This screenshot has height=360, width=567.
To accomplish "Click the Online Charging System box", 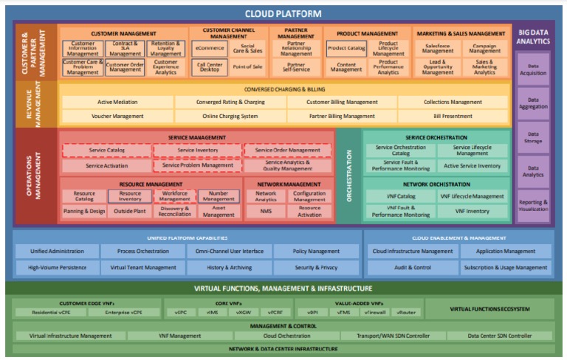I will coord(230,116).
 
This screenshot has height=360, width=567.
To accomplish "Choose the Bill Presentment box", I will coord(452,116).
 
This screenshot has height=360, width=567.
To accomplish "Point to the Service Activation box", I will coord(106,166).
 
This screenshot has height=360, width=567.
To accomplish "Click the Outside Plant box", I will coord(130,211).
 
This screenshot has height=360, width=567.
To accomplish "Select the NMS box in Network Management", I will coord(265,211).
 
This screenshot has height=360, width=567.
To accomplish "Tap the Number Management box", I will coord(219,196).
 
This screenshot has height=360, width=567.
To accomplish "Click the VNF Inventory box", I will coord(472,211).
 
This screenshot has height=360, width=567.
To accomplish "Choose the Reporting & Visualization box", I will coord(533,204).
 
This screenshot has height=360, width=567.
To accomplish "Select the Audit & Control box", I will coord(412,267).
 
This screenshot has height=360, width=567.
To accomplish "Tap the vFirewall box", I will coord(374,312).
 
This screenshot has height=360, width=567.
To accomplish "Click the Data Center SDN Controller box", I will coord(499,336).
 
